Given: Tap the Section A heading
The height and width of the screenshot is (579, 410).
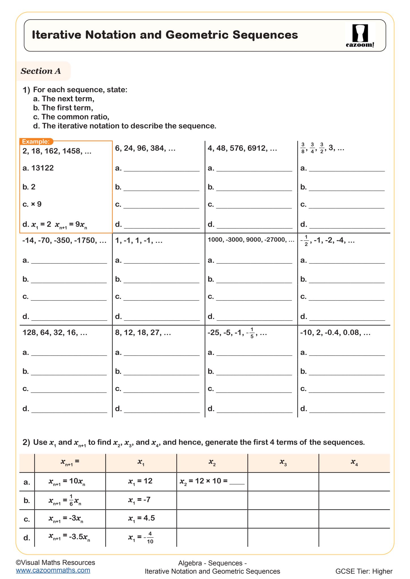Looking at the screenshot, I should [41, 71].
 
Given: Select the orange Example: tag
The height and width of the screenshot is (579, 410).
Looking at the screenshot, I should [36, 142].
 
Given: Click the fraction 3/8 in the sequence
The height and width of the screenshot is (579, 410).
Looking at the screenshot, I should [303, 148].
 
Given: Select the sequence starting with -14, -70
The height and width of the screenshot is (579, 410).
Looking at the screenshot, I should [64, 240].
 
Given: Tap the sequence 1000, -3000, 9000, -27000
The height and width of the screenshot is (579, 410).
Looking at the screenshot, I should [251, 240].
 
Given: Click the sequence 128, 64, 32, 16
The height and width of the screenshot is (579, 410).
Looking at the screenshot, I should [55, 332].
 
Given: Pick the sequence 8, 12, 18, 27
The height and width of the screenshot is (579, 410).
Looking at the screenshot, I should [143, 332].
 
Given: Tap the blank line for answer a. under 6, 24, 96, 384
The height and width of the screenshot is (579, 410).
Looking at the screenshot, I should [162, 169].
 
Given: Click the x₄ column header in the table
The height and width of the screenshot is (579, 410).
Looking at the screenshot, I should [354, 463].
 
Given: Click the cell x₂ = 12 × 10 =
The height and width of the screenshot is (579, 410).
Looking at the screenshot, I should [212, 481].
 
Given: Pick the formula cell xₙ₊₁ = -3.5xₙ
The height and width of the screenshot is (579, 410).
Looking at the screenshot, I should [69, 536].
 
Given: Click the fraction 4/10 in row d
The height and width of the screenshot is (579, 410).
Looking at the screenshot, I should [150, 537].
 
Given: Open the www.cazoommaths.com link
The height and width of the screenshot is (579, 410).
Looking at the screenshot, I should [53, 570].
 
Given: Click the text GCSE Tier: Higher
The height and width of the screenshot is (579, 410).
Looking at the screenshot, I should [364, 571].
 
